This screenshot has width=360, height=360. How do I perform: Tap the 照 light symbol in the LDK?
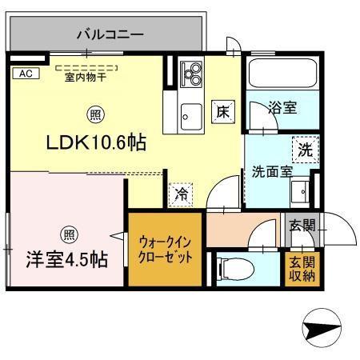(95, 114)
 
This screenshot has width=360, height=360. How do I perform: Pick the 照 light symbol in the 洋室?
(69, 234)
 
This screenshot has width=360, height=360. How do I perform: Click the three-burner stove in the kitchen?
(191, 77)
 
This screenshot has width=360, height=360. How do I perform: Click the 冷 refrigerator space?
(181, 194)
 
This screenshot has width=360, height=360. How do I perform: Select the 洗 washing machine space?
(305, 149)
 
